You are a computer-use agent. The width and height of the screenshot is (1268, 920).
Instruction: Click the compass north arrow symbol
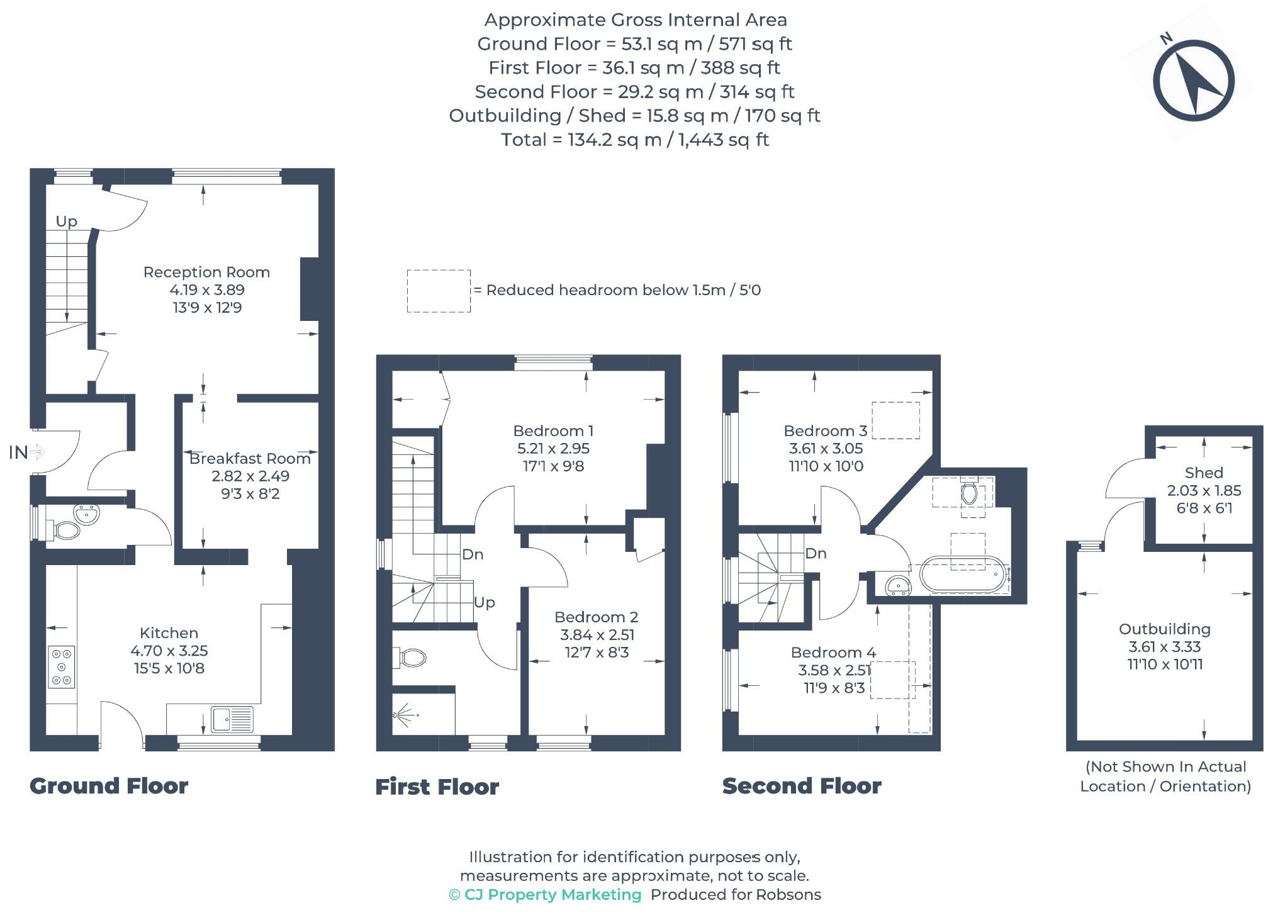pyautogui.click(x=1193, y=80)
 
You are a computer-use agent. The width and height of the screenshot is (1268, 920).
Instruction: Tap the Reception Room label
pyautogui.click(x=206, y=272)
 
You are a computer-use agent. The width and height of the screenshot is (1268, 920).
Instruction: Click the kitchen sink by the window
pyautogui.click(x=232, y=719)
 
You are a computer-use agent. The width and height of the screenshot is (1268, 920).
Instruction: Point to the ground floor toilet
pyautogui.click(x=66, y=530)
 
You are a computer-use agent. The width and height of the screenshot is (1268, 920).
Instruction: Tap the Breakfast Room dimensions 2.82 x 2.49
pyautogui.click(x=250, y=476)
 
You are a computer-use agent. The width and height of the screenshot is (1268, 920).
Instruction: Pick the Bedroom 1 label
pyautogui.click(x=553, y=430)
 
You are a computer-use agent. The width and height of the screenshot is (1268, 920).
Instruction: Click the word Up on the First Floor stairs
pyautogui.click(x=484, y=602)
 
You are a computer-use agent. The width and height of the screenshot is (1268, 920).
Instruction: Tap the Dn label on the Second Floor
pyautogui.click(x=816, y=553)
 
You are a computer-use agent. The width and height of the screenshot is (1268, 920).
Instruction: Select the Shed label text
pyautogui.click(x=1203, y=473)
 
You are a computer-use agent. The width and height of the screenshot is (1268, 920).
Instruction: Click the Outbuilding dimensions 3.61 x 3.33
pyautogui.click(x=1164, y=646)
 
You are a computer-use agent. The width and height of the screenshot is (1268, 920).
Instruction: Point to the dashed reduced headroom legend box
pyautogui.click(x=439, y=291)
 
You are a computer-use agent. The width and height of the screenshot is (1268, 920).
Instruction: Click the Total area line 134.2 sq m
pyautogui.click(x=634, y=139)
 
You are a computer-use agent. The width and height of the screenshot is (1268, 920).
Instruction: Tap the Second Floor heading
pyautogui.click(x=801, y=786)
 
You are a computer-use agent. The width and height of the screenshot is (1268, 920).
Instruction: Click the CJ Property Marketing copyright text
pyautogui.click(x=545, y=894)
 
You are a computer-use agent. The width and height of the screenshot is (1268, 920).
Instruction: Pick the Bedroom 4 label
pyautogui.click(x=833, y=652)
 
